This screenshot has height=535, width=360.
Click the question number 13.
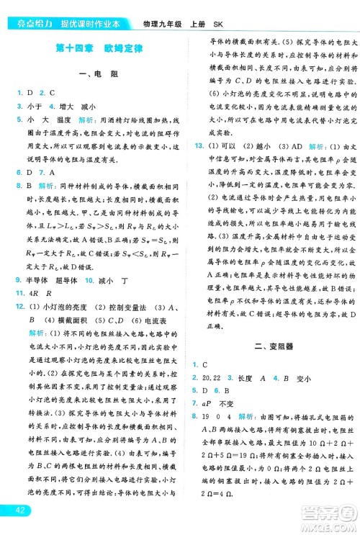pos(199,166)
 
